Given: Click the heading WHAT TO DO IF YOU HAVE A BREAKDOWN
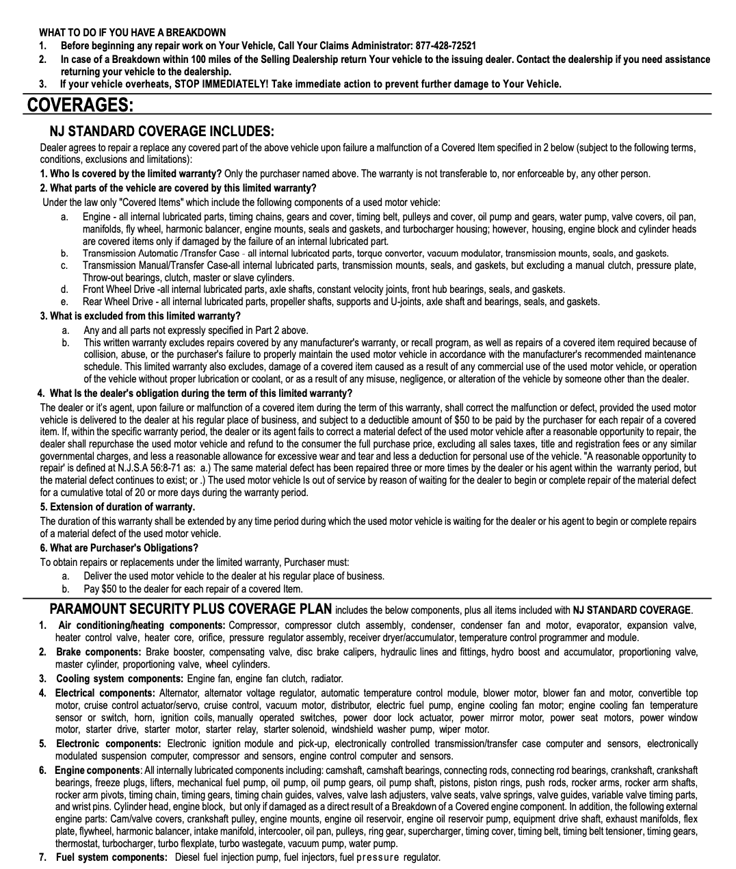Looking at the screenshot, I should [132, 32].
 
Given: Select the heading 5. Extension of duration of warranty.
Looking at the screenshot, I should [117, 507].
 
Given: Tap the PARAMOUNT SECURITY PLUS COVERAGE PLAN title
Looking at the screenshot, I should [191, 609].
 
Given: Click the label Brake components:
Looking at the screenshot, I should [98, 652].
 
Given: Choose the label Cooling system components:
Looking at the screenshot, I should [120, 679].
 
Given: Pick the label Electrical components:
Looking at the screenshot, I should [105, 693].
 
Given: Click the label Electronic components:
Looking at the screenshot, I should [108, 744].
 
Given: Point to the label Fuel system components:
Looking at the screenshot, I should [111, 857].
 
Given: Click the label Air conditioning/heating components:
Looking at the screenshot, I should [142, 625].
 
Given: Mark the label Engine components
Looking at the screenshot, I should [97, 770].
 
